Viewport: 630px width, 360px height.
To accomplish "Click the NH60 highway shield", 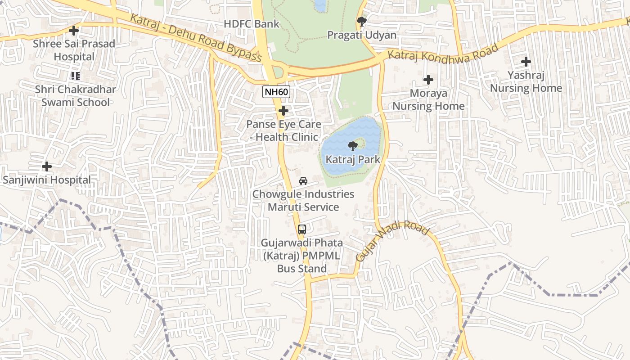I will coord(276,92).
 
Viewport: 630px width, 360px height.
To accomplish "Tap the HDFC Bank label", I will coord(252,24).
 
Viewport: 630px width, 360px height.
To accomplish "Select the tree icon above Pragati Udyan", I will coord(361,21).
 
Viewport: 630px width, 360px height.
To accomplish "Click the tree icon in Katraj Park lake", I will coord(353,145).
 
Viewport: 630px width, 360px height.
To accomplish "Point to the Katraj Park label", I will coord(353,159).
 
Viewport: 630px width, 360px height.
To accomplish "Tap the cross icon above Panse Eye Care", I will coord(283,111).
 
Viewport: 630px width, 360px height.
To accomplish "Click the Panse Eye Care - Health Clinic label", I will coord(283,130).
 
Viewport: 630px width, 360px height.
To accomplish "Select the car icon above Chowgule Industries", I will coord(303,181).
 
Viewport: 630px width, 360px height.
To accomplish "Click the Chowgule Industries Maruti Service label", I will coord(303,201).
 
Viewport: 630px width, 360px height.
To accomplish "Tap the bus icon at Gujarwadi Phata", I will coord(301,229).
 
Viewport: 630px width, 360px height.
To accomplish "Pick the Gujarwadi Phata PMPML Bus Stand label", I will coord(301,256).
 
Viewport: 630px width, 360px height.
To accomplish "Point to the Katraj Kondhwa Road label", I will coord(444,54).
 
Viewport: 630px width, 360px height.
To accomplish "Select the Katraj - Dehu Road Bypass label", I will coord(196,38).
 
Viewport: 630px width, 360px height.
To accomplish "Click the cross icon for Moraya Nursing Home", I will coord(428,80).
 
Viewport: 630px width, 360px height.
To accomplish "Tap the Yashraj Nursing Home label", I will coord(526,81).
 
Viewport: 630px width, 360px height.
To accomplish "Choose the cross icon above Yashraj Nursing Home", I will coord(526,62).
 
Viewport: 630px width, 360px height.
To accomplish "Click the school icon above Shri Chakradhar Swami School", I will coord(75,76).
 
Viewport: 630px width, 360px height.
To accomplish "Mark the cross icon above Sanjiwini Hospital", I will coord(46,166).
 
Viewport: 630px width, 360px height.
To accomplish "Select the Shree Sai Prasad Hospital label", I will coord(74,50).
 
